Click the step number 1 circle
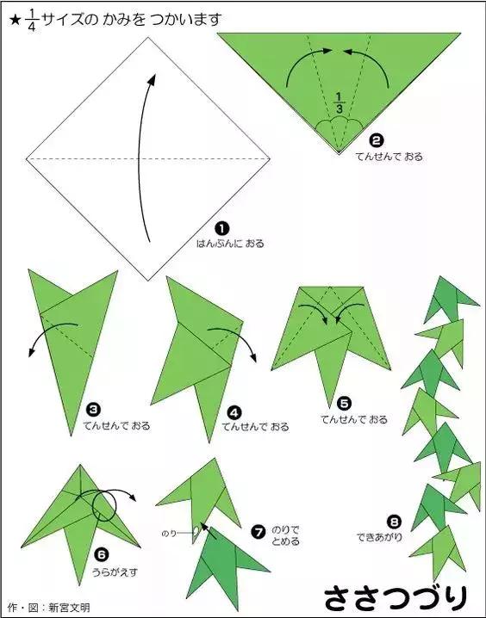pyautogui.click(x=222, y=228)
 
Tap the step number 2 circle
pyautogui.click(x=377, y=140)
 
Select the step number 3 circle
pyautogui.click(x=93, y=411)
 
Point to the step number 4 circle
pyautogui.click(x=234, y=412)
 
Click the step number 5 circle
pyautogui.click(x=344, y=404)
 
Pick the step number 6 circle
pyautogui.click(x=102, y=555)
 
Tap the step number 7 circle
pyautogui.click(x=259, y=532)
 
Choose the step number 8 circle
pyautogui.click(x=394, y=522)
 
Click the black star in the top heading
pyautogui.click(x=15, y=21)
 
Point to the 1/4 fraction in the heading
pyautogui.click(x=32, y=20)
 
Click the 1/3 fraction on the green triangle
pyautogui.click(x=340, y=102)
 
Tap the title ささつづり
pyautogui.click(x=396, y=598)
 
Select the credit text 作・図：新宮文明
pyautogui.click(x=48, y=607)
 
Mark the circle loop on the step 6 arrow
pyautogui.click(x=104, y=505)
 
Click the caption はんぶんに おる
pyautogui.click(x=230, y=244)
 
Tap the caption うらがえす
pyautogui.click(x=115, y=572)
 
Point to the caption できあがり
pyautogui.click(x=379, y=537)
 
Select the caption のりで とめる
pyautogui.click(x=285, y=535)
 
